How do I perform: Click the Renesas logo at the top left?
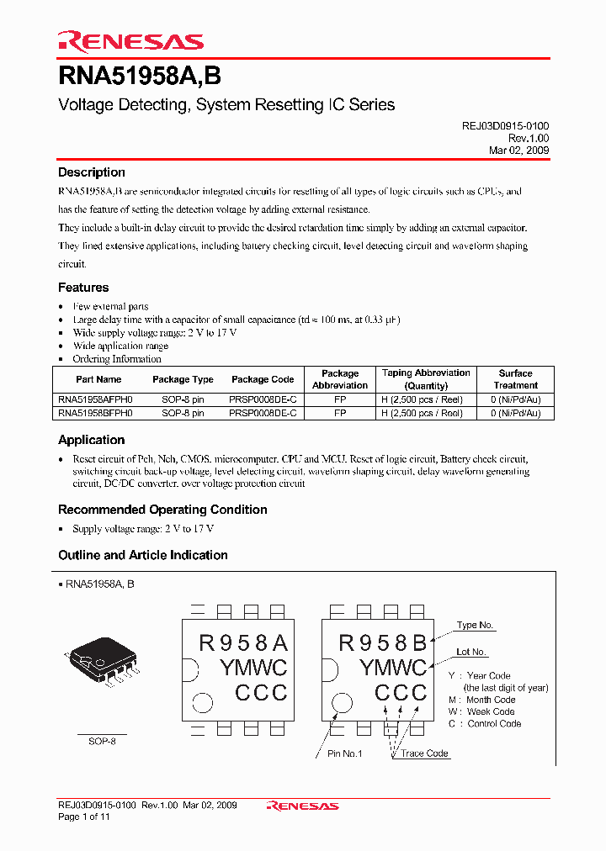pyautogui.click(x=130, y=41)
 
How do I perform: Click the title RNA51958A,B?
pyautogui.click(x=140, y=77)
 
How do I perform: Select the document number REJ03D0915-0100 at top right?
pyautogui.click(x=505, y=125)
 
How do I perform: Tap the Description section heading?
pyautogui.click(x=92, y=172)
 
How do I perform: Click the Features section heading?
pyautogui.click(x=83, y=288)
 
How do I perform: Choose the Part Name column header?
pyautogui.click(x=98, y=380)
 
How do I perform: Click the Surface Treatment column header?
pyautogui.click(x=515, y=379)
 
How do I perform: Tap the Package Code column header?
pyautogui.click(x=263, y=380)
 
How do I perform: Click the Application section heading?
pyautogui.click(x=91, y=440)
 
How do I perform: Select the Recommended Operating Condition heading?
pyautogui.click(x=162, y=510)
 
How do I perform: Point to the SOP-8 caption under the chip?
pyautogui.click(x=102, y=742)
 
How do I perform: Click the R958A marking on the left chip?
pyautogui.click(x=243, y=643)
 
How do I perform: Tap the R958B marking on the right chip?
pyautogui.click(x=383, y=643)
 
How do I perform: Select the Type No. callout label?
pyautogui.click(x=475, y=626)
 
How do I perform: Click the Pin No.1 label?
pyautogui.click(x=344, y=753)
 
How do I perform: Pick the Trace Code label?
pyautogui.click(x=424, y=753)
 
